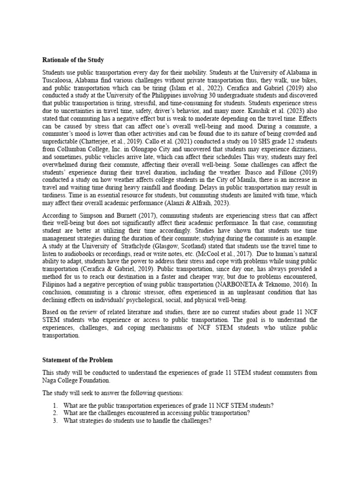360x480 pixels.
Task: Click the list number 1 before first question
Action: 55,405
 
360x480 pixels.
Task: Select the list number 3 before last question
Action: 55,420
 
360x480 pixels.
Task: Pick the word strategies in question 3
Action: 93,420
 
